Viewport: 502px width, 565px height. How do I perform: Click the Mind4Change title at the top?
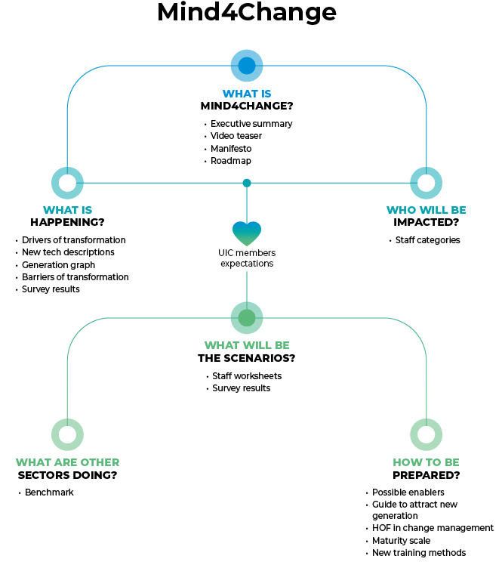(x=247, y=13)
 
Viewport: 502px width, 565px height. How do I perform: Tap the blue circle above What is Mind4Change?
(x=247, y=66)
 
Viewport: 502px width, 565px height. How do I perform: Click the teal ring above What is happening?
(x=67, y=183)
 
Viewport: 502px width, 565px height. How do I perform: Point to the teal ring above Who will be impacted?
(x=426, y=183)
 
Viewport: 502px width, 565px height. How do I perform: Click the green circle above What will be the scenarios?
(x=247, y=318)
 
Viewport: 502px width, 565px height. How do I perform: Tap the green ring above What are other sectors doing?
(x=67, y=434)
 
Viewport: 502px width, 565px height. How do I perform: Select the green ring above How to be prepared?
(x=426, y=434)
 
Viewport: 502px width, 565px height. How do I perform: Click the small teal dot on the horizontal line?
(x=247, y=183)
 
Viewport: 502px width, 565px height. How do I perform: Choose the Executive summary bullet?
(x=251, y=124)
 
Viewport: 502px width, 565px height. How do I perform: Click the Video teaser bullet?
(x=236, y=136)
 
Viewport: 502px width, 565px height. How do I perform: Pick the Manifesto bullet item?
(x=230, y=149)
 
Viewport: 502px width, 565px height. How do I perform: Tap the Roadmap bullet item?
(x=230, y=161)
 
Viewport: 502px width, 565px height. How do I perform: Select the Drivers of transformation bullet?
(x=73, y=240)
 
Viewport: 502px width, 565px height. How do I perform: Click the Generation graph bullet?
(x=58, y=265)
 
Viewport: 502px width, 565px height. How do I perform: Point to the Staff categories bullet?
(x=427, y=240)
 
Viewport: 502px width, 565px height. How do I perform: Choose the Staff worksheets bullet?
(x=246, y=376)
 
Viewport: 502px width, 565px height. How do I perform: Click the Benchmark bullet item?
(x=49, y=492)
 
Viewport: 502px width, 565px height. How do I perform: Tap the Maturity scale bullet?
(x=401, y=541)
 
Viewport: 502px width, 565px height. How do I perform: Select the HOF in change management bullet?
(x=433, y=529)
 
